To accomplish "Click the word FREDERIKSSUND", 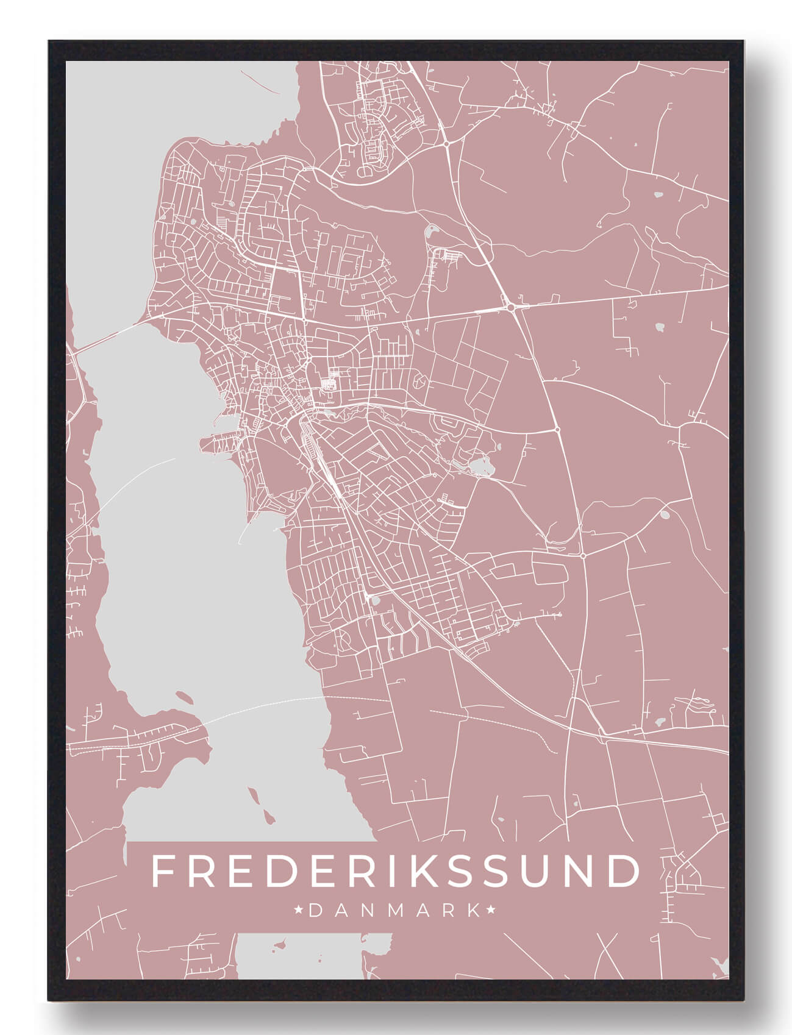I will point(395,871).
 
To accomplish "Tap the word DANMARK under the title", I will point(395,911).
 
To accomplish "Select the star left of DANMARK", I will point(299,911).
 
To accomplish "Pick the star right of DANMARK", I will point(491,911).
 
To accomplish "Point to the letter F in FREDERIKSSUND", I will point(163,871).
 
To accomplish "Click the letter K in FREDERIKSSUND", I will point(421,871).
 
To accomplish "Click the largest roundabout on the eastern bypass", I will point(510,307).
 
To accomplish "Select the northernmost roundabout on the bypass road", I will point(447,144).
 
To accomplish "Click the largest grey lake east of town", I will point(482,468).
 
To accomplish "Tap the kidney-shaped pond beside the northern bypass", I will point(431,232).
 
